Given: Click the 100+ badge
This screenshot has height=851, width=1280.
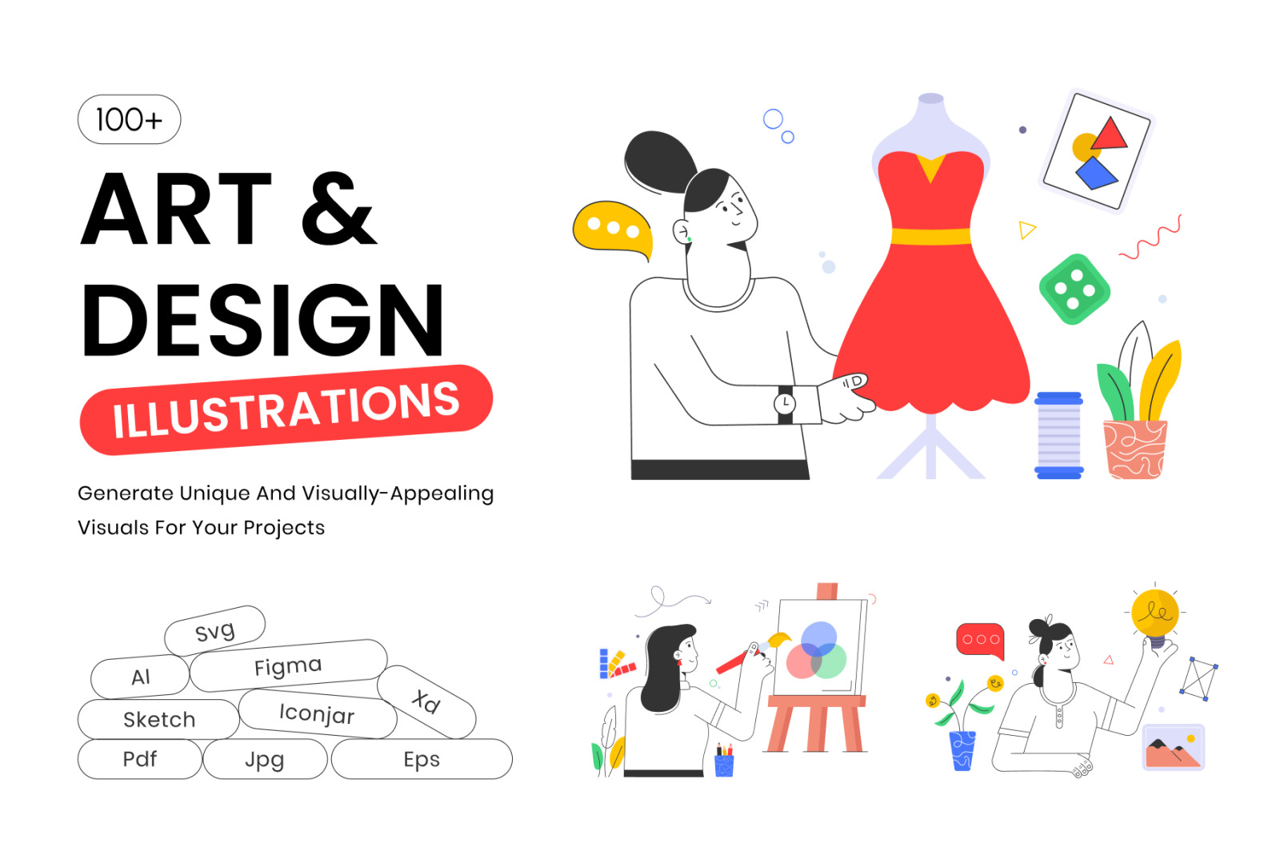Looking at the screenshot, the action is point(129,119).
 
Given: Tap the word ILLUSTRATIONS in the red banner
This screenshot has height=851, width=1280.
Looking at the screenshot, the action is point(286,410).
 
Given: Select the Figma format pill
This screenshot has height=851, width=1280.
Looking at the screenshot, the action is point(289,665).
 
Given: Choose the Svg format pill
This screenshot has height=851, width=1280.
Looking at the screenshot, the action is point(215,631).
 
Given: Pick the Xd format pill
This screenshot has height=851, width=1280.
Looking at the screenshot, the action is point(426,702).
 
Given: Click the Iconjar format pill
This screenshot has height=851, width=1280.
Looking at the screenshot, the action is point(318,714).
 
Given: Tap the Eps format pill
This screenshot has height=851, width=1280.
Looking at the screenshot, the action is point(422,759).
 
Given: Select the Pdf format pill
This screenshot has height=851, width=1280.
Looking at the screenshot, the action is point(140,759).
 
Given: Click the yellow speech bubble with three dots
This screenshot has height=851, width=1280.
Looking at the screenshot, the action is point(613,230).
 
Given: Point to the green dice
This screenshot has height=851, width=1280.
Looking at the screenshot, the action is point(1074,289).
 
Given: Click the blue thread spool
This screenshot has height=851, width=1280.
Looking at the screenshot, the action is point(1059,435).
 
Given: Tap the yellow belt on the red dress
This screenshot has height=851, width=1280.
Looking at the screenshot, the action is point(931,236).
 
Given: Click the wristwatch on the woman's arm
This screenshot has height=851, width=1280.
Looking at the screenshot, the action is point(785,404).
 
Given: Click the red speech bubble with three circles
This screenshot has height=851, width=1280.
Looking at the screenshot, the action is point(981,641).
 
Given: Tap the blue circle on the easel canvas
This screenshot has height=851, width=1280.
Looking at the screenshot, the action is point(819,638).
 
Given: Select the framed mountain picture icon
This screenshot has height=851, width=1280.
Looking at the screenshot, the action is point(1174,747).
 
